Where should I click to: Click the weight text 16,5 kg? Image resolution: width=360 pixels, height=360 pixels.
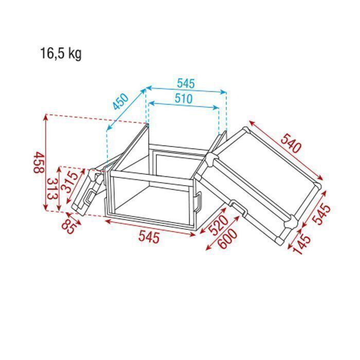click(61, 53)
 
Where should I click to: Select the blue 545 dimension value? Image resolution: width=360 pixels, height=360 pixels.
click(186, 83)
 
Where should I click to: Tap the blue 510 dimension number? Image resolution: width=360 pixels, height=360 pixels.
click(184, 99)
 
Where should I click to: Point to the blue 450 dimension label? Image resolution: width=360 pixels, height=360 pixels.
click(120, 101)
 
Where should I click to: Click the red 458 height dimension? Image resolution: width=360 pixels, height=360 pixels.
click(39, 163)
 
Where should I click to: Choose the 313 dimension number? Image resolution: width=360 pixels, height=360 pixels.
click(52, 189)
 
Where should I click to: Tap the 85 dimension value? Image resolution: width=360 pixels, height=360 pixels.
click(69, 226)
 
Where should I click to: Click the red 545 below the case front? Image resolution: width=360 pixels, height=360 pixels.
click(149, 237)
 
